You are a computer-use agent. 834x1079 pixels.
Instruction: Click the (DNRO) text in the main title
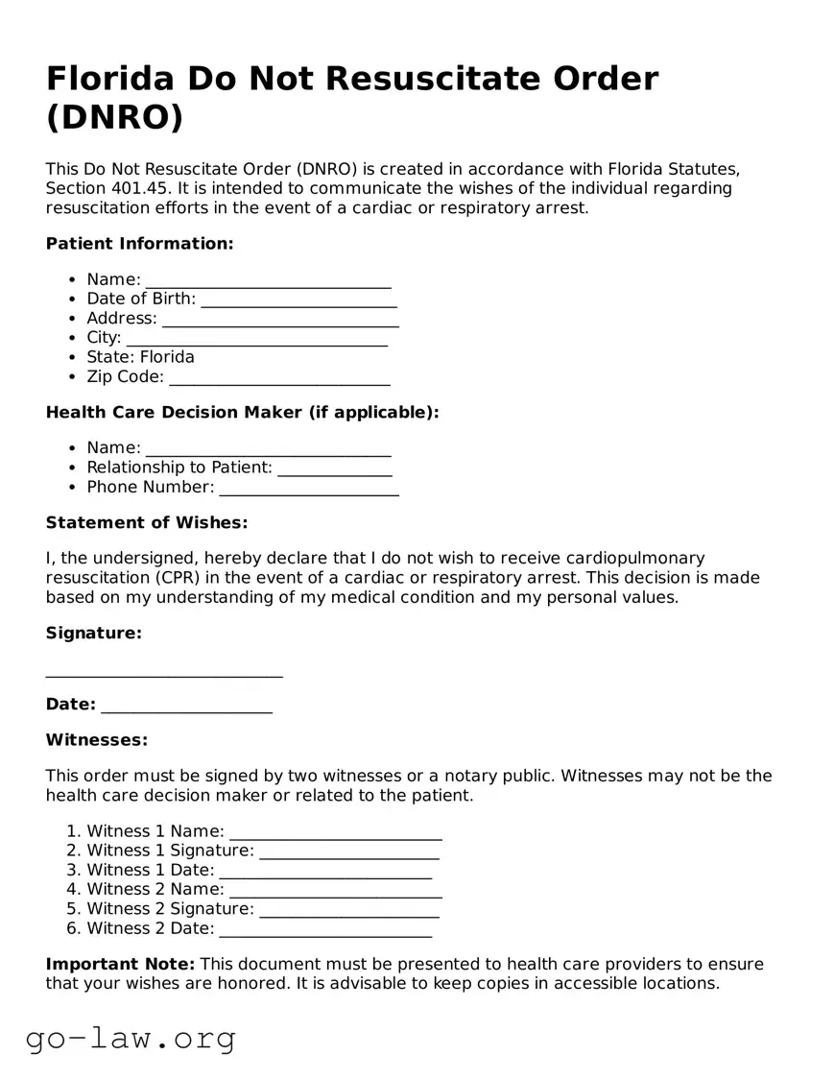pyautogui.click(x=114, y=117)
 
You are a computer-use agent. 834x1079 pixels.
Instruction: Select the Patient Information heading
pyautogui.click(x=139, y=244)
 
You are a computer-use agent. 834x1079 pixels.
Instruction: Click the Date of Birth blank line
pyautogui.click(x=298, y=301)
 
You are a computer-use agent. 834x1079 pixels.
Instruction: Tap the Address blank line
pyautogui.click(x=280, y=321)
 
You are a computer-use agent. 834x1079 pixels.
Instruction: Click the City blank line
pyautogui.click(x=256, y=340)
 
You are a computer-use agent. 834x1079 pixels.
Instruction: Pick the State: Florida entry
pyautogui.click(x=140, y=357)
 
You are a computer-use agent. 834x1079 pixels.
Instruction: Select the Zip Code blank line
pyautogui.click(x=279, y=379)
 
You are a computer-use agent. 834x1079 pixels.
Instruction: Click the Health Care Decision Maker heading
pyautogui.click(x=242, y=413)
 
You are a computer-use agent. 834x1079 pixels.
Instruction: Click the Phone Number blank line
pyautogui.click(x=308, y=490)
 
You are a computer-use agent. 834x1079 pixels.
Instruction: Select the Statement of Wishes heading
pyautogui.click(x=146, y=523)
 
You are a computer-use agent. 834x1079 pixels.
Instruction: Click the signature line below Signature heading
pyautogui.click(x=164, y=671)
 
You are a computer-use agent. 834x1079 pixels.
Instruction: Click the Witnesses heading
pyautogui.click(x=96, y=740)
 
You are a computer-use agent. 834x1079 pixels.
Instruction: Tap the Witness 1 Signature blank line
pyautogui.click(x=348, y=853)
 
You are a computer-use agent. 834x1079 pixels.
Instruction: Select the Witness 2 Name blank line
pyautogui.click(x=335, y=892)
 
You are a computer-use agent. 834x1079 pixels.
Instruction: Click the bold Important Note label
pyautogui.click(x=120, y=964)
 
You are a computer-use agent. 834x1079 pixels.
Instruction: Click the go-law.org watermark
pyautogui.click(x=131, y=1038)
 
